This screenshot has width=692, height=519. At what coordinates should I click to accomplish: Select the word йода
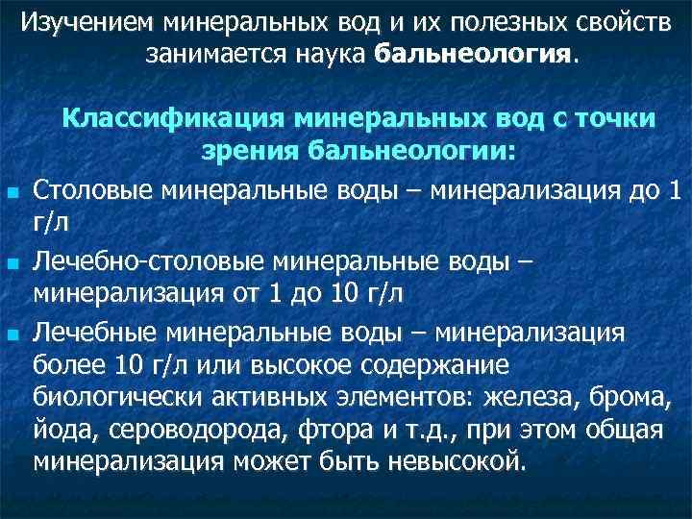tap(62, 430)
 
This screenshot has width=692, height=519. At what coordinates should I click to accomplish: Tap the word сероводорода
tap(183, 430)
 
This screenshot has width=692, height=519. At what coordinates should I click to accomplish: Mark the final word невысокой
tap(457, 461)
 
